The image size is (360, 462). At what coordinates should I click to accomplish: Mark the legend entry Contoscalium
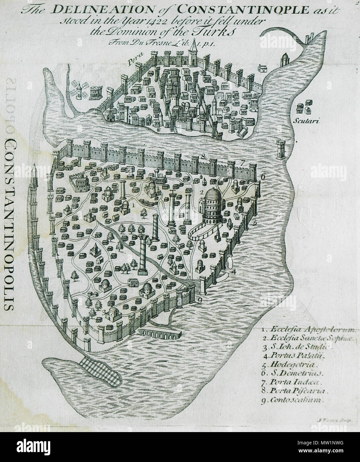294,400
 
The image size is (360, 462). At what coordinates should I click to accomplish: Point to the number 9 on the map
199,301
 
